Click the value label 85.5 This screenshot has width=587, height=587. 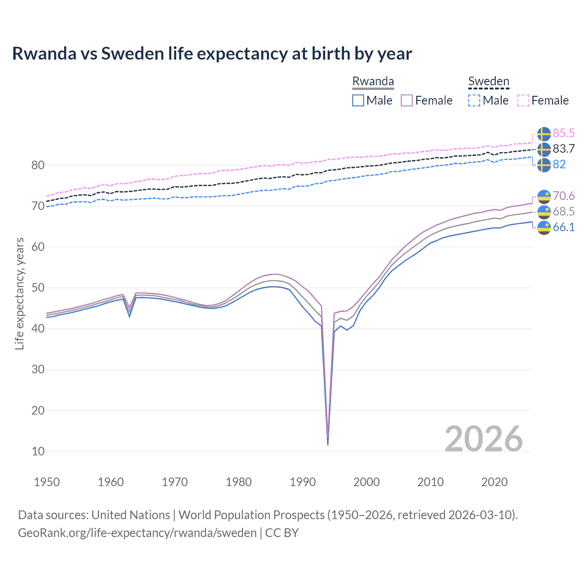pos(564,133)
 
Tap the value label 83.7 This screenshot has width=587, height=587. pos(564,149)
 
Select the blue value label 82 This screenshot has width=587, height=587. pos(559,164)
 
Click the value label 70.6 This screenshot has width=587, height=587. pos(564,196)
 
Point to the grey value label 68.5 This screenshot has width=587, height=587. pos(564,211)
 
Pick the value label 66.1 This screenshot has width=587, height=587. pos(564,227)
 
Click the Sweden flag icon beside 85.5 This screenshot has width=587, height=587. pos(544,133)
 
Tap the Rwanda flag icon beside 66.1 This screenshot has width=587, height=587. pos(544,227)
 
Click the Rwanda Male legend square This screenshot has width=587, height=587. pos(358,100)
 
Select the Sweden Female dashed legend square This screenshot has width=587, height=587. pos(523,100)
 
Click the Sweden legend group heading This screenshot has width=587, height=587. pos(488,81)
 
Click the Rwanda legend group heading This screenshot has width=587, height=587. pos(373,81)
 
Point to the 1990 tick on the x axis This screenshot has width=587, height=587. pos(303,482)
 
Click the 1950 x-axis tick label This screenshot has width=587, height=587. pos(47,482)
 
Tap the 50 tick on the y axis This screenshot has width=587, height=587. pos(38,288)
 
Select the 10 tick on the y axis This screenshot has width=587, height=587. pos(38,451)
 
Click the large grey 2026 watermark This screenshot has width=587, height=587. pos(483,439)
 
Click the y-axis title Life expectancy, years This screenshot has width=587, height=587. pos(19,293)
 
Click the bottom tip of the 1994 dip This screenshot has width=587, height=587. pos(327,444)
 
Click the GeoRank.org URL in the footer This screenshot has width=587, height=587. pos(137,533)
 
